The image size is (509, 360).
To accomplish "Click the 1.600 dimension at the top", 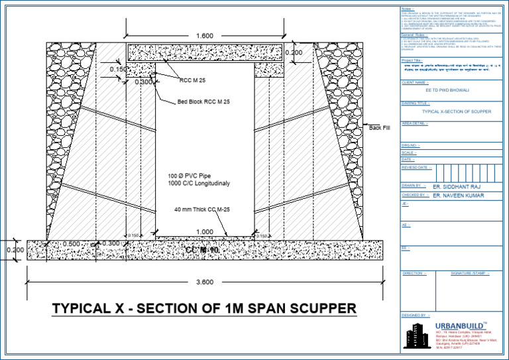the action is (x=204, y=34).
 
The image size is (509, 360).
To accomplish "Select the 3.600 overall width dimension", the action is (x=204, y=282).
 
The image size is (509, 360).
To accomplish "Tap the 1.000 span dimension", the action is (x=204, y=232).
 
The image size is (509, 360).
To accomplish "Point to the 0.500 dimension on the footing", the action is (x=72, y=244).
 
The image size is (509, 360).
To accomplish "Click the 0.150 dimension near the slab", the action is (x=119, y=69).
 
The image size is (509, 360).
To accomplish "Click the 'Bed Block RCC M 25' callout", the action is (x=203, y=102).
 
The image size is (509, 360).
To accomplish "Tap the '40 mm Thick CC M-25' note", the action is (x=201, y=210).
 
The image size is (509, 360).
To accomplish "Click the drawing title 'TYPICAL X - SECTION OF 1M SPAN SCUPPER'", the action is (x=204, y=308).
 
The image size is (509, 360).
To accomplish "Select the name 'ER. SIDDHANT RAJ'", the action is (x=457, y=187).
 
